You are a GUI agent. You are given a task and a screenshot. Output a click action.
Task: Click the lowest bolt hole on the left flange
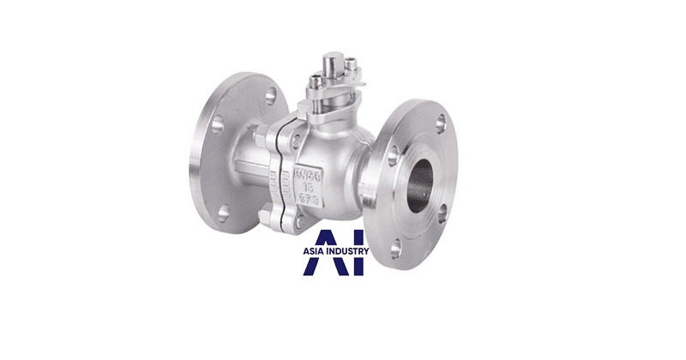(x=224, y=212)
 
